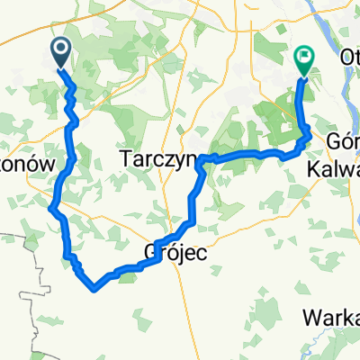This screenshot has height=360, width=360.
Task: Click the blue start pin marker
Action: (62, 53)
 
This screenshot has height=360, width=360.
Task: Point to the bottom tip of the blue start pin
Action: (62, 68)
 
